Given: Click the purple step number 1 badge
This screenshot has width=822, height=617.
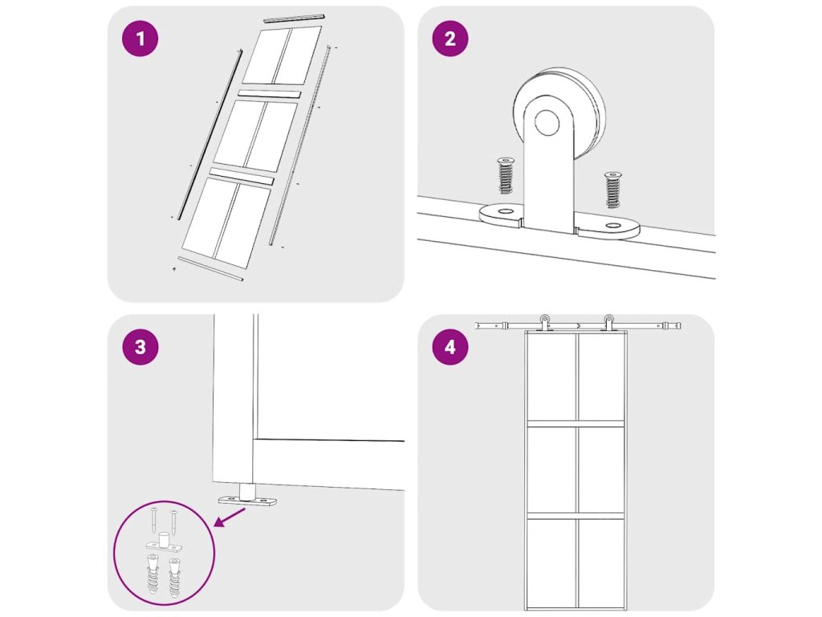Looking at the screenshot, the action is [x=140, y=39].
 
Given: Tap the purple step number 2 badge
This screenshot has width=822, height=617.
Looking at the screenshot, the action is [x=450, y=39].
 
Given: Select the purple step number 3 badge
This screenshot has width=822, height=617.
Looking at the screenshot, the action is [x=140, y=347].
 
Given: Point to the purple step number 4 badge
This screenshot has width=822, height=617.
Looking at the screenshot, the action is [x=450, y=347].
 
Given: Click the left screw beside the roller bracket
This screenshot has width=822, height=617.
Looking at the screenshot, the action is [x=506, y=175].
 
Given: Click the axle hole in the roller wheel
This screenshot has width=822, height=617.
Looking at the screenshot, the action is [x=547, y=122].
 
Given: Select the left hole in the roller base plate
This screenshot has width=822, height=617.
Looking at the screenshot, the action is [x=506, y=211].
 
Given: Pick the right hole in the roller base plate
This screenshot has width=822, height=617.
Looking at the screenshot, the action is [x=612, y=226].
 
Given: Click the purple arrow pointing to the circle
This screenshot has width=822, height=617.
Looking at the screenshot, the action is [x=231, y=517].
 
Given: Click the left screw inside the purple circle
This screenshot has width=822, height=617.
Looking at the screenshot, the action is [x=153, y=520].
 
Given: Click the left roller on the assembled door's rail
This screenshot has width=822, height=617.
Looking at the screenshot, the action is [x=545, y=322].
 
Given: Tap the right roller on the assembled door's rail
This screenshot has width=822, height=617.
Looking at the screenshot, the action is [x=608, y=322].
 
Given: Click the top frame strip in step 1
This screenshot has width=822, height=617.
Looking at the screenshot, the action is [x=294, y=18].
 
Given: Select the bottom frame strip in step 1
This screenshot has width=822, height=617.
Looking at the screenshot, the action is [x=210, y=269].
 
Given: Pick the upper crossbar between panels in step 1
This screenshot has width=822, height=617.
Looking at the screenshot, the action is [x=270, y=95].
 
